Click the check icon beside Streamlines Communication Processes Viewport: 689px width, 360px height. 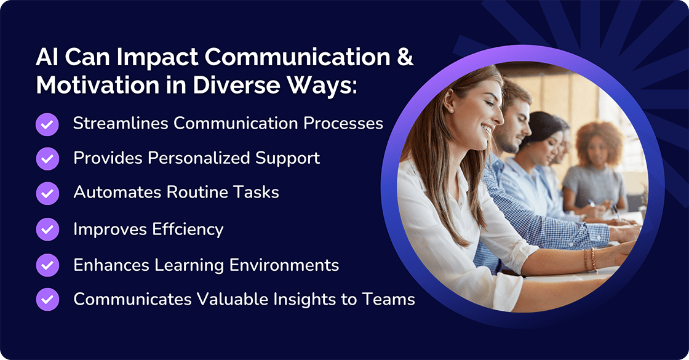(47, 124)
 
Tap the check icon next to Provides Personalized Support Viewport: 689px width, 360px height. (47, 159)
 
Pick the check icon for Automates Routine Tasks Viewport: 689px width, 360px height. (47, 193)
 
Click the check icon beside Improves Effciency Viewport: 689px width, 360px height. (47, 230)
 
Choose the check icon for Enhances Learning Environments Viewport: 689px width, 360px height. (47, 265)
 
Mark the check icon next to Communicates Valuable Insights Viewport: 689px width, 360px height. (47, 300)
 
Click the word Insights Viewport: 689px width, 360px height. (301, 300)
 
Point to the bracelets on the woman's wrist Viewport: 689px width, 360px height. (589, 260)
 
